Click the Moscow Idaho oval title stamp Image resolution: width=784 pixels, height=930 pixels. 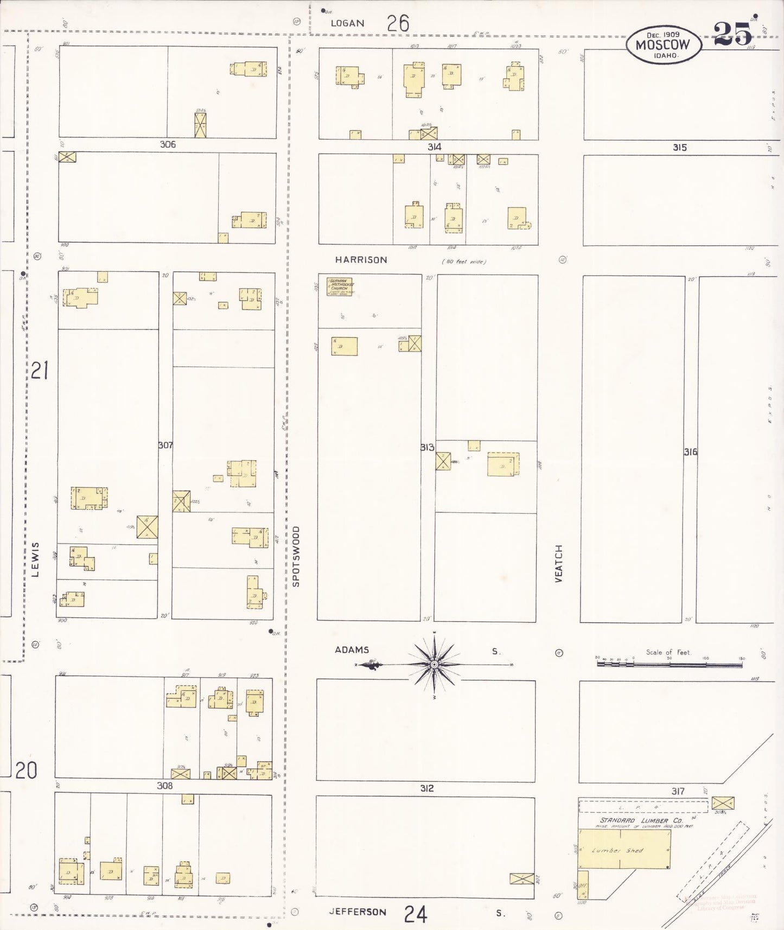point(663,44)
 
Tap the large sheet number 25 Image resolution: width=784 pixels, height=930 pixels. point(732,34)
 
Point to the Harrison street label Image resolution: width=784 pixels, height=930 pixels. point(361,260)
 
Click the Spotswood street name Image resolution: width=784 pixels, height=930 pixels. point(296,556)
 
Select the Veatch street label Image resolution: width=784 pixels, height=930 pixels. point(559,564)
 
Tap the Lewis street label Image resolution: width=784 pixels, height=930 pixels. point(36,559)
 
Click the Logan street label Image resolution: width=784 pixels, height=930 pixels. point(347,23)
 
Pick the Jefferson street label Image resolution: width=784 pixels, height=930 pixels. point(358,912)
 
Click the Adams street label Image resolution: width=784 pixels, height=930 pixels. point(352,649)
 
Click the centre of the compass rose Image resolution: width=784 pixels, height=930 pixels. point(434,664)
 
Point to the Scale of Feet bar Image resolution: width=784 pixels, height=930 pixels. point(670,663)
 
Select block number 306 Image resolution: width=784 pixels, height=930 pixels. point(168,144)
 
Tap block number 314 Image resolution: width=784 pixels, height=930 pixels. point(434,146)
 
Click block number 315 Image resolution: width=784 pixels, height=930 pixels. point(679,147)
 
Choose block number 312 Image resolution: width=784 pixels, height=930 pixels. point(426,788)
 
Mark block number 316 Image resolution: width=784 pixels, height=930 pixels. point(690,451)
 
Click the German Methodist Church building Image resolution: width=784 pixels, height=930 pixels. point(339,286)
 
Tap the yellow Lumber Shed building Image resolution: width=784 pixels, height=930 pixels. point(624,849)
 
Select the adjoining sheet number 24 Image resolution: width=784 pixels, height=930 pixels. point(415,914)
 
